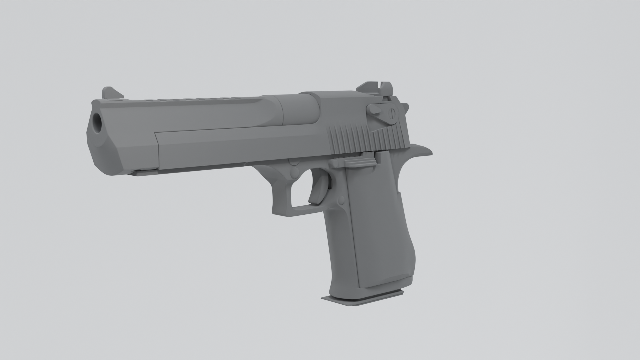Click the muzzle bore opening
point(97,122)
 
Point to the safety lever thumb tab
point(374,109)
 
